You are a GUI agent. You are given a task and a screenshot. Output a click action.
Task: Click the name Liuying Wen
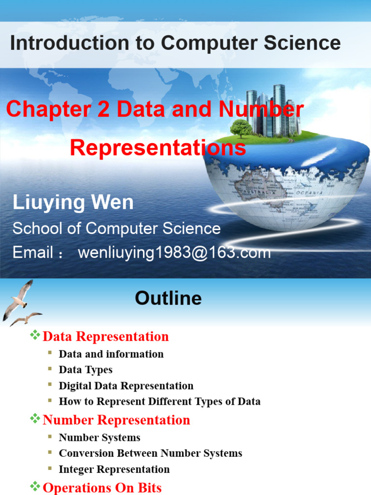pos(73,203)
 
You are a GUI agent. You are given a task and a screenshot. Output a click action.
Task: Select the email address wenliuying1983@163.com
pos(174,252)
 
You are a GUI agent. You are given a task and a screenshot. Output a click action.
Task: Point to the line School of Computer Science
pos(116,228)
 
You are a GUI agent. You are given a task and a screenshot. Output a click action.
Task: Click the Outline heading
pos(168,298)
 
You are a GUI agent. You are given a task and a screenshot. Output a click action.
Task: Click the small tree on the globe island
pos(241,128)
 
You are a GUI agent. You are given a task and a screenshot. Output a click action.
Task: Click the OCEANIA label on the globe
pos(310,193)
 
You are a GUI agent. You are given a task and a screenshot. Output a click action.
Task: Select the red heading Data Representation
pos(106,336)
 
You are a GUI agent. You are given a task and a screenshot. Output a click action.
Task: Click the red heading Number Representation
pos(116,420)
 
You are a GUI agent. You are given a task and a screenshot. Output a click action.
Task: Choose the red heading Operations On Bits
pos(102,487)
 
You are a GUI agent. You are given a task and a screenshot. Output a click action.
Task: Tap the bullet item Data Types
pos(86,370)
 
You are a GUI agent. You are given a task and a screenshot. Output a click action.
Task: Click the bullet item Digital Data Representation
pos(126,386)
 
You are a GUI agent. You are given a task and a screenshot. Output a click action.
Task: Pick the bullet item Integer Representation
pos(114,469)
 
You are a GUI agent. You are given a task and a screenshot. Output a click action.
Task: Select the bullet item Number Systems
pos(100,437)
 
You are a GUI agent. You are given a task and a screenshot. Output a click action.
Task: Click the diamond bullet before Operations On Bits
pos(35,486)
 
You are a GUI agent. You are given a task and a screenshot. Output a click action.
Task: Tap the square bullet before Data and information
pos(50,353)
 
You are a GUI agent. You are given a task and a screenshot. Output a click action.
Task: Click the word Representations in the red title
pos(158,147)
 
